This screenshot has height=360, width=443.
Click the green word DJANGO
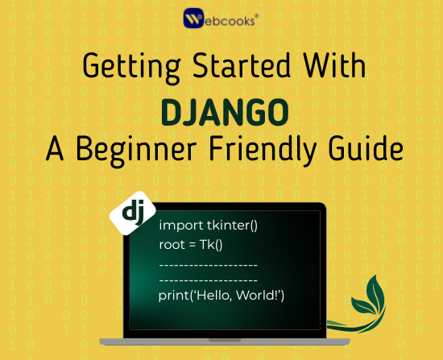point(221,111)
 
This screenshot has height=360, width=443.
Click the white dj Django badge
point(131,213)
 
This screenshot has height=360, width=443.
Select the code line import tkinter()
point(208,226)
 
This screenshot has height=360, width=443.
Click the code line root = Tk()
point(190,244)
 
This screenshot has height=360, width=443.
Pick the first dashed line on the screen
point(208,263)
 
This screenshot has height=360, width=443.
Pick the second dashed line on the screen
point(208,280)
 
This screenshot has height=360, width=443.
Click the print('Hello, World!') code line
point(221,297)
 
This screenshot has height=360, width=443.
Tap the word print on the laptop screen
point(173,297)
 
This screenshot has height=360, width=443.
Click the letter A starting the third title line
point(54,149)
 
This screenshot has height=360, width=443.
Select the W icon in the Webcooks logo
point(194,19)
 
